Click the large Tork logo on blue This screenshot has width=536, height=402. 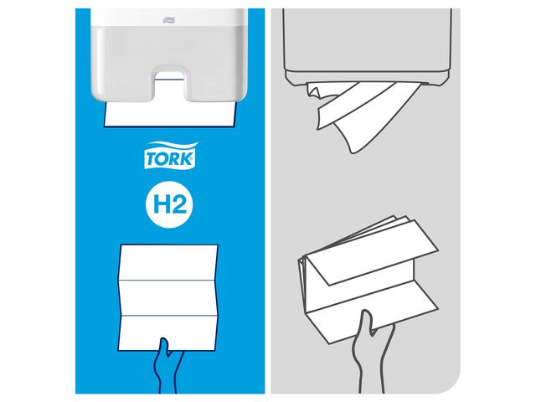click(x=172, y=156)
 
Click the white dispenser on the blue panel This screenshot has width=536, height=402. click(x=172, y=50)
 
